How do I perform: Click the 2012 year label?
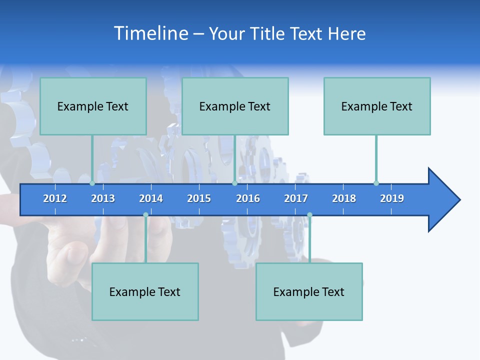pos(55,198)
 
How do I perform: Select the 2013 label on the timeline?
pos(103,198)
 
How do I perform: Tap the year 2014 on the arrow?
pos(151,198)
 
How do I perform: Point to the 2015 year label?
pos(199,198)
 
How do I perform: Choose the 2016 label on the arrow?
pos(248,198)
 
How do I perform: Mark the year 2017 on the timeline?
pos(296,198)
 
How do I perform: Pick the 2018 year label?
pos(344,198)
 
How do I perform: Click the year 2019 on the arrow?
pos(392,198)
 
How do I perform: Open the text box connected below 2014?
pos(145,291)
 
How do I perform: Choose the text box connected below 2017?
pos(309,291)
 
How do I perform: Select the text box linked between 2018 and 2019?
pos(377,106)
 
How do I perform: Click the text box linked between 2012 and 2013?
pos(93,106)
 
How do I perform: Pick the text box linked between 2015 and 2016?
pos(235,106)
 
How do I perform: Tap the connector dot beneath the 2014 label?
pos(145,215)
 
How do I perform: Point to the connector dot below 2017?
pos(309,215)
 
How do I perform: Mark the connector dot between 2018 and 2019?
pos(376,183)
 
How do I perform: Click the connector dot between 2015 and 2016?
pos(234,183)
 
